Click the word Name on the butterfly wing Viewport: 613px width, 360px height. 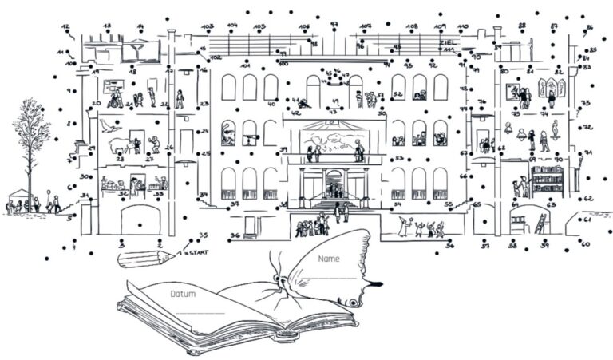(328, 259)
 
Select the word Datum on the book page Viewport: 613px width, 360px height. (183, 294)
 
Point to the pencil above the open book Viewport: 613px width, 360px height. (145, 257)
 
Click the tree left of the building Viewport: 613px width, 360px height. (30, 144)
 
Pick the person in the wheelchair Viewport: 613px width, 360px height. (115, 101)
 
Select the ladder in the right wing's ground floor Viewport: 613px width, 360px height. (541, 224)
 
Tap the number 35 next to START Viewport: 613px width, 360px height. (203, 235)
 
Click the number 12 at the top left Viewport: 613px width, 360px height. (65, 26)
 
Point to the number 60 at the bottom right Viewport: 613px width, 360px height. (585, 243)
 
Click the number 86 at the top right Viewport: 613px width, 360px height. (589, 28)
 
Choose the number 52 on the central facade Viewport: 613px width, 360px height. (397, 94)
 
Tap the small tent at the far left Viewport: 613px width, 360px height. (18, 196)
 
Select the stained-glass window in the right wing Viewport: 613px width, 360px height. (552, 86)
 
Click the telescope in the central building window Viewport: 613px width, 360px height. (251, 136)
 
